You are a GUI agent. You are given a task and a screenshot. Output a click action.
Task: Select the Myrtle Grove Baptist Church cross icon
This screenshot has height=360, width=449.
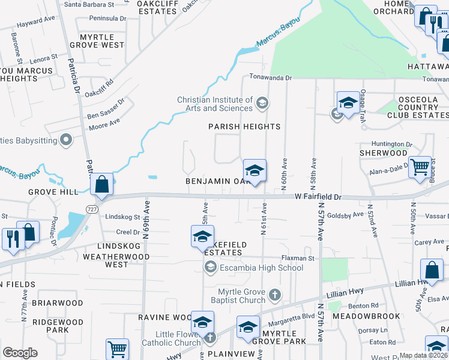[x=274, y=295]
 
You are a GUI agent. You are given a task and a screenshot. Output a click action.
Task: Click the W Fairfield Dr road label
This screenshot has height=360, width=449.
[x=318, y=197]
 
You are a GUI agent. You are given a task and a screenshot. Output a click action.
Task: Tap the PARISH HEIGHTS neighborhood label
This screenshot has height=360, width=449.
[x=244, y=127]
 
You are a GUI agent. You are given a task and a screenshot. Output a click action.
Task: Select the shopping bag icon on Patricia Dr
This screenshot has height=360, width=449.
[x=101, y=184]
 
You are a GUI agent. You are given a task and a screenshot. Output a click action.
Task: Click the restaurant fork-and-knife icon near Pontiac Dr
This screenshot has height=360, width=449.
[x=11, y=238]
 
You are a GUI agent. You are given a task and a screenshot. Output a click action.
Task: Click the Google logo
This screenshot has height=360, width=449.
[x=20, y=353]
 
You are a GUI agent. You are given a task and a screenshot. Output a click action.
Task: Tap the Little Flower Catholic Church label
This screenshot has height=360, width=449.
[x=171, y=339]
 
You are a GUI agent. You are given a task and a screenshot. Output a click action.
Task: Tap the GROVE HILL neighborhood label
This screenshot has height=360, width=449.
[x=53, y=192]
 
